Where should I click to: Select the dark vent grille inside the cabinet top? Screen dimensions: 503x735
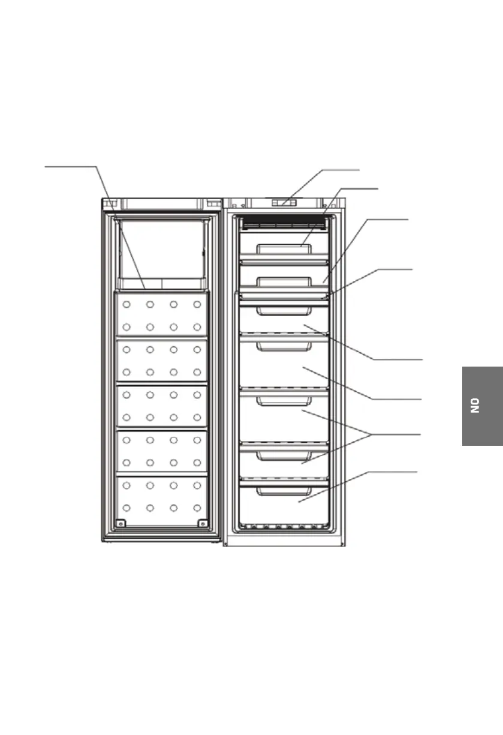284,223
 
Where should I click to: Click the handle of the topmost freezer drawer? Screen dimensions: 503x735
284,249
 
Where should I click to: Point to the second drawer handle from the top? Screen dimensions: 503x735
284,281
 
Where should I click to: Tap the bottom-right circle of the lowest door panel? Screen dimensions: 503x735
197,508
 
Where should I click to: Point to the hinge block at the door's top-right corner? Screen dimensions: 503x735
213,203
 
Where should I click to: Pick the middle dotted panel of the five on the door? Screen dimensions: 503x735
162,405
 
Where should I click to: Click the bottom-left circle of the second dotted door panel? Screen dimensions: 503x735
127,372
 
